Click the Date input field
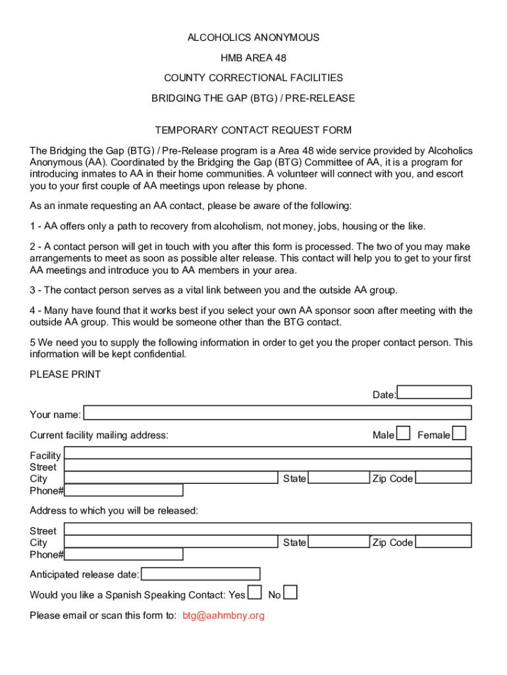435,392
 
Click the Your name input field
277,413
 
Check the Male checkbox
404,433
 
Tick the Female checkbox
460,433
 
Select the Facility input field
267,453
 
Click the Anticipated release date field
201,574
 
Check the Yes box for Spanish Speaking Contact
254,593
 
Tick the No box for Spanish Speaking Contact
290,593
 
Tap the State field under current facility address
338,478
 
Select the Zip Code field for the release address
443,542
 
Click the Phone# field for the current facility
124,490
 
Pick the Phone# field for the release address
124,554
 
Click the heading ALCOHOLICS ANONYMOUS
254,38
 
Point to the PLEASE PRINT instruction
65,374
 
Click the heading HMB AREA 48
254,58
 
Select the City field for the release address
171,542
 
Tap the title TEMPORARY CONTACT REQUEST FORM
254,130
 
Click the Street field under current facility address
267,465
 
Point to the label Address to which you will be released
114,511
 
